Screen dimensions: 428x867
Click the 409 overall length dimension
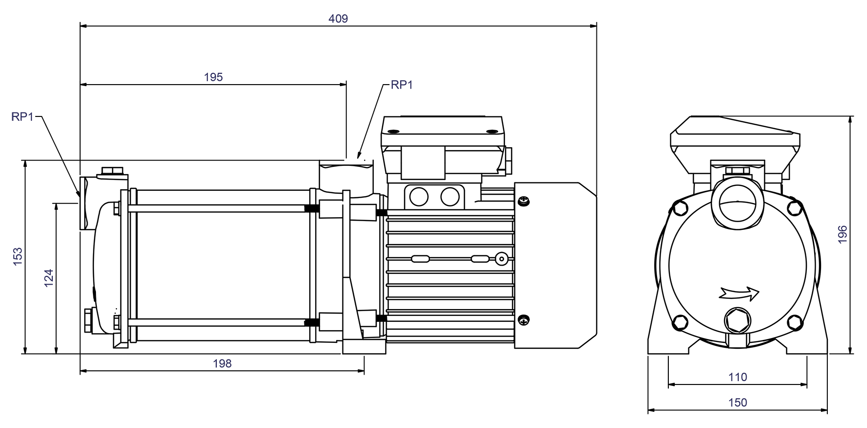(338, 19)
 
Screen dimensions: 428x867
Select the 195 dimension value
(213, 77)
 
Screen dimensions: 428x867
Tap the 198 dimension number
(222, 363)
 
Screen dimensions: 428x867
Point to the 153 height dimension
(18, 257)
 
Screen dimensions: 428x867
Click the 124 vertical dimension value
(49, 278)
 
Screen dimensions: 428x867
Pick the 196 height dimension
(843, 235)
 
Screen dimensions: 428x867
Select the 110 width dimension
(737, 377)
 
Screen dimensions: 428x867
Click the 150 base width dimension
(737, 403)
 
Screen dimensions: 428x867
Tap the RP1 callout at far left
(23, 117)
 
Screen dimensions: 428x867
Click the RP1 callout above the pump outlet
(402, 85)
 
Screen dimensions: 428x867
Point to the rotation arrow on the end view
(739, 293)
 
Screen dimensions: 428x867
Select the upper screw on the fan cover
(524, 201)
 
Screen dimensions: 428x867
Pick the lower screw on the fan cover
(524, 320)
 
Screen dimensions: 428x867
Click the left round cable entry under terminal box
(419, 197)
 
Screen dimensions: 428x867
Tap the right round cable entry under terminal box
(450, 197)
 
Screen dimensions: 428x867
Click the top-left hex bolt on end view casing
(681, 208)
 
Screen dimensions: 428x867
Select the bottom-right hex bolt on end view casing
(795, 322)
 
